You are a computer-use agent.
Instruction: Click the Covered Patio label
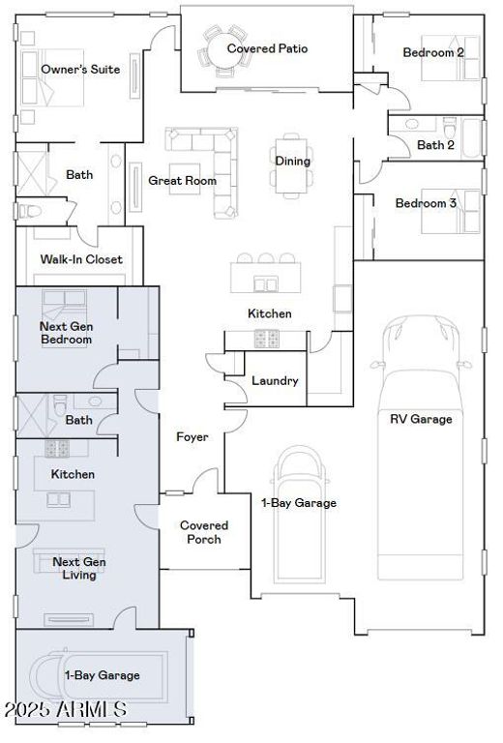(267, 48)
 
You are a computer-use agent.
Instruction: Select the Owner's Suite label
(80, 70)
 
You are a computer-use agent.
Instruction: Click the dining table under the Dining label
(291, 165)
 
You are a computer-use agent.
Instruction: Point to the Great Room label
(183, 181)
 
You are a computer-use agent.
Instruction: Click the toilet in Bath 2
(450, 127)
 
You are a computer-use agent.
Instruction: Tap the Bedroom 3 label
(426, 203)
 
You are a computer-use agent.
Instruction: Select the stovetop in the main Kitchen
(266, 339)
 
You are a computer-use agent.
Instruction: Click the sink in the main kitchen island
(265, 284)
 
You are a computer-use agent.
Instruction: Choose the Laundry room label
(275, 380)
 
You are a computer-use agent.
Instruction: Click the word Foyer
(192, 437)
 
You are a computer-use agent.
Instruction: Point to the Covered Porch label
(204, 532)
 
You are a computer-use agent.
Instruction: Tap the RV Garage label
(421, 419)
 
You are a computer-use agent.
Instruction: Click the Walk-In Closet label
(81, 259)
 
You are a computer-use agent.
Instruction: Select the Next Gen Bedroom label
(66, 333)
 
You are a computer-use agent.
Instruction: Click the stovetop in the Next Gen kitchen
(57, 448)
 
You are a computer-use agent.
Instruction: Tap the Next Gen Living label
(79, 568)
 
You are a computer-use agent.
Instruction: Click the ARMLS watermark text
(66, 709)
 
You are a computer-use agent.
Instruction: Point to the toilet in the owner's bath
(29, 211)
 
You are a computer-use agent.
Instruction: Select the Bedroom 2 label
(433, 52)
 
